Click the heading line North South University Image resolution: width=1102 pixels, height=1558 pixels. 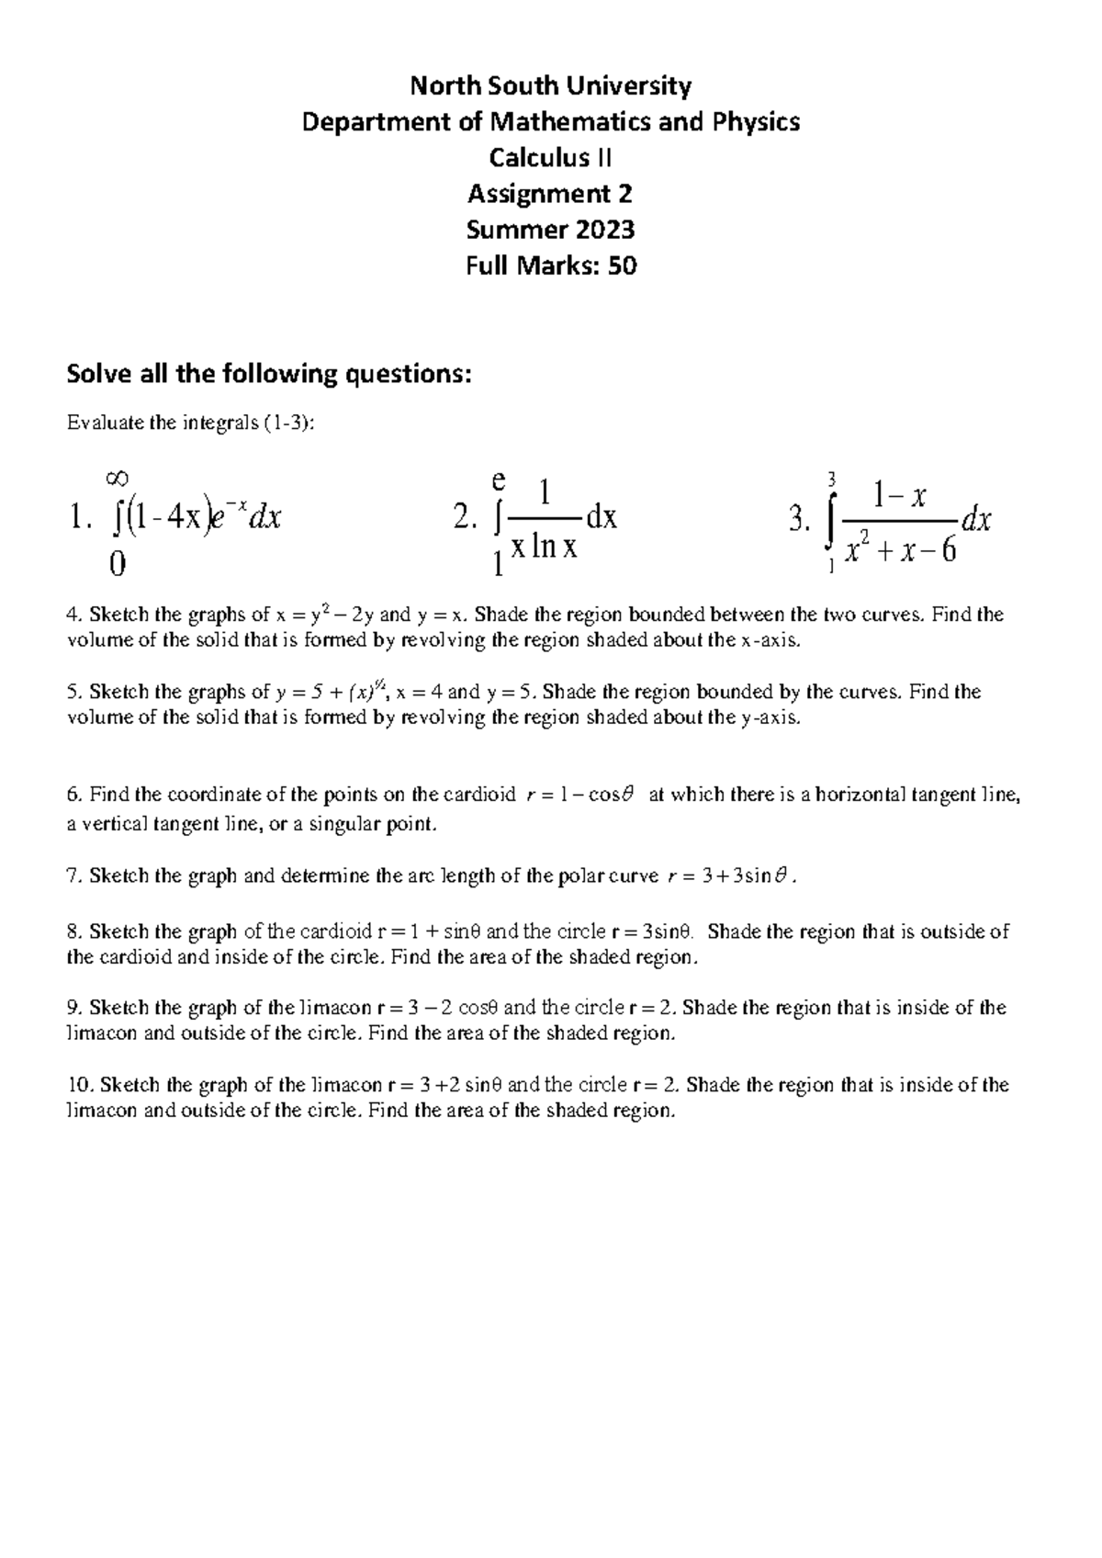(550, 86)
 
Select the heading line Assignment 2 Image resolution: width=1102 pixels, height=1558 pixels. (550, 194)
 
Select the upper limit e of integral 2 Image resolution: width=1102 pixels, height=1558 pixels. (499, 480)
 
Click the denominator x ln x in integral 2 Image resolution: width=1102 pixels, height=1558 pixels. (544, 548)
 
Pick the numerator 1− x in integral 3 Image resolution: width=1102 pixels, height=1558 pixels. (900, 497)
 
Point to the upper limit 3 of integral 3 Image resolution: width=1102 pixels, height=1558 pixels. (831, 479)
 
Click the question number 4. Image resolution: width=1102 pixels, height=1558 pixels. (73, 615)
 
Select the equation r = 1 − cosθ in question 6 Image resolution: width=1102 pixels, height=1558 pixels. (582, 796)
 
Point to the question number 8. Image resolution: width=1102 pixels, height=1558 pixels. (73, 931)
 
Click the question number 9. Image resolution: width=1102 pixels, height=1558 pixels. (73, 1008)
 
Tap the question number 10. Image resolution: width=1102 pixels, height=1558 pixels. (78, 1085)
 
